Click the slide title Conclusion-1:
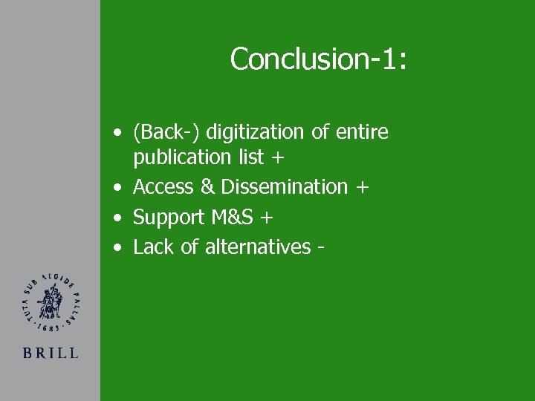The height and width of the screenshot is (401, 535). pos(318,59)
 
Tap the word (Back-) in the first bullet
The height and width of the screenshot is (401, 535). pos(166,132)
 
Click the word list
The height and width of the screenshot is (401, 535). pos(250,157)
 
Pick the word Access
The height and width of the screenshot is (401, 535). pos(163,187)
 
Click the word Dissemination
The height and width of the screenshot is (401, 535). pos(285,187)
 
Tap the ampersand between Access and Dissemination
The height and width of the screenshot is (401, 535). pos(207,187)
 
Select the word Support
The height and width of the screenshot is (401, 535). pos(169,218)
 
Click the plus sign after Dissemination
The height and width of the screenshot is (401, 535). pos(362,188)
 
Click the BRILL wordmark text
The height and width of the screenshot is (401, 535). pos(51,353)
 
